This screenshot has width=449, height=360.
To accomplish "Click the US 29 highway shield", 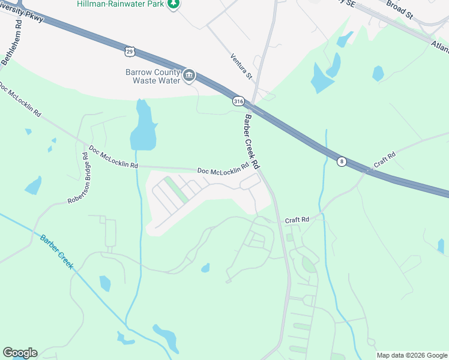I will (x=130, y=52).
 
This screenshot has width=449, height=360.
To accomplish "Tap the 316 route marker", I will (x=238, y=102).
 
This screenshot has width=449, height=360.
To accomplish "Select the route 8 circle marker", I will (x=341, y=161).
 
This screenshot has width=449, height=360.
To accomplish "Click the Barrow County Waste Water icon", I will (x=190, y=75).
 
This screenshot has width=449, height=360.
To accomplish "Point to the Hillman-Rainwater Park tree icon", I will (x=173, y=4).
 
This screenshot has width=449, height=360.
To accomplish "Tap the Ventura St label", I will (x=241, y=66).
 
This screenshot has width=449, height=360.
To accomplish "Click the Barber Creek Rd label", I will (x=251, y=142).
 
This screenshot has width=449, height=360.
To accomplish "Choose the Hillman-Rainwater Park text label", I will (x=121, y=4).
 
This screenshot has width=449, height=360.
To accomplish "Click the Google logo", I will (x=20, y=353).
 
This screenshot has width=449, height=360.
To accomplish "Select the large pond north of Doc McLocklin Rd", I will (x=143, y=127).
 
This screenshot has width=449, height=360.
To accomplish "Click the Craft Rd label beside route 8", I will (x=385, y=160).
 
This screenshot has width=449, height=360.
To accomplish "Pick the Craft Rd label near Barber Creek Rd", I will (x=297, y=220).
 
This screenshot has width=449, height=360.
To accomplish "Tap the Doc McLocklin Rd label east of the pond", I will (x=223, y=170).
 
